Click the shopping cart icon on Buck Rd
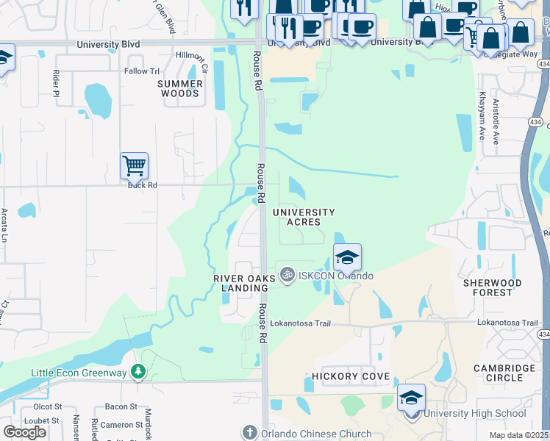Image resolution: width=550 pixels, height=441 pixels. tap(134, 166)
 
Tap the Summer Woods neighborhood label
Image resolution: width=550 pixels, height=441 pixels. tap(179, 89)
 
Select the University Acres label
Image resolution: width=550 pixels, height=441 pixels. tap(304, 217)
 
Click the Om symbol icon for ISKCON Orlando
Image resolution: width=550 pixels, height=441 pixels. tap(287, 275)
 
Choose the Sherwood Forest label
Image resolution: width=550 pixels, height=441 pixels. tap(492, 287)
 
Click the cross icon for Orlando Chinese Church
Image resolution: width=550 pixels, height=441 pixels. tap(250, 433)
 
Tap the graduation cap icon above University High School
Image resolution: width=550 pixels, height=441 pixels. tap(411, 398)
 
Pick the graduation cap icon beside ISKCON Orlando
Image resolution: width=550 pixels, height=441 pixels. tap(347, 257)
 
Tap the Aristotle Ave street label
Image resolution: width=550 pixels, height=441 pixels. tap(496, 121)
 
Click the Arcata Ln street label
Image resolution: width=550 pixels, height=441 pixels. tap(4, 225)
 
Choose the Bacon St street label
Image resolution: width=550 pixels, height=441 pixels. tap(121, 406)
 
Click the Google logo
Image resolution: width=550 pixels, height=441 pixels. tap(25, 431)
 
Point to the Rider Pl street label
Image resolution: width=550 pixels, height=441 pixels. tap(55, 84)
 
